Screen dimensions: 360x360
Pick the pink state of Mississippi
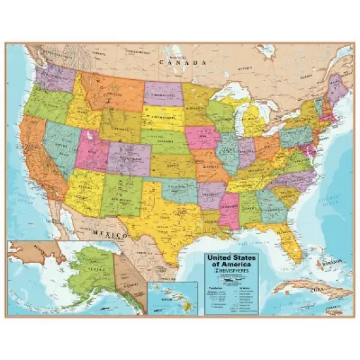228,210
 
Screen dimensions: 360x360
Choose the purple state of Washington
55,78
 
